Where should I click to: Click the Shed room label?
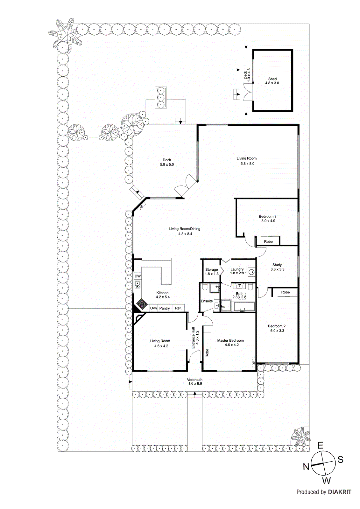(272, 79)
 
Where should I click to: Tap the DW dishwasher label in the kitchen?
(138, 276)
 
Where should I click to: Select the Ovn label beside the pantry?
(153, 308)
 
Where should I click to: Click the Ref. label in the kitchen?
(178, 308)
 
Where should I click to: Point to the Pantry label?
(165, 308)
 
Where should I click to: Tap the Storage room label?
(211, 269)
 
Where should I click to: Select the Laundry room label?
(237, 269)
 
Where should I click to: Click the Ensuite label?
(207, 301)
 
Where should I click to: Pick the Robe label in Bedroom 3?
(268, 242)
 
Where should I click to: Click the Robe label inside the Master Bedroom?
(207, 353)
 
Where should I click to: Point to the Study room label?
(277, 265)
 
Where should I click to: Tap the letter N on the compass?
(306, 467)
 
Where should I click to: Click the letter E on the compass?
(320, 445)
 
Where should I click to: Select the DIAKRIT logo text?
(340, 492)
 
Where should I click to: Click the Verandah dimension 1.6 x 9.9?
(195, 384)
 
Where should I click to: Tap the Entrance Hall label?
(193, 338)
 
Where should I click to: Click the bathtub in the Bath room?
(244, 307)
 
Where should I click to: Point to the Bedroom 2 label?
(277, 326)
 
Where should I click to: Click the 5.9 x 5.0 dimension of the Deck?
(167, 164)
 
